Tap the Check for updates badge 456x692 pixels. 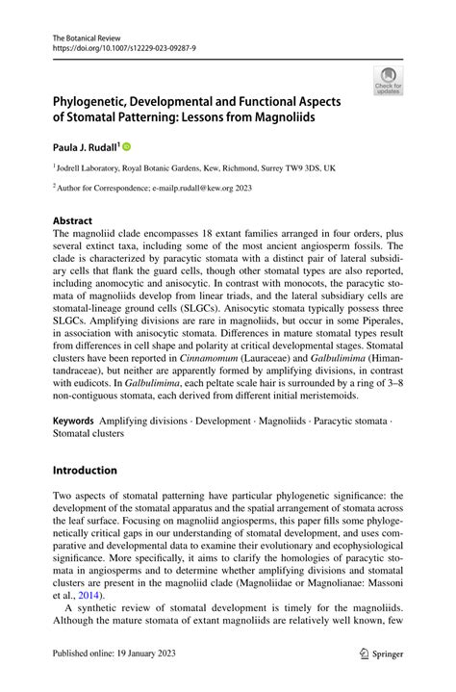click(389, 81)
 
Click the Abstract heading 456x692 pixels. click(73, 219)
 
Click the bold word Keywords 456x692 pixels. click(73, 421)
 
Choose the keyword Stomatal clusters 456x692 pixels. click(90, 434)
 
